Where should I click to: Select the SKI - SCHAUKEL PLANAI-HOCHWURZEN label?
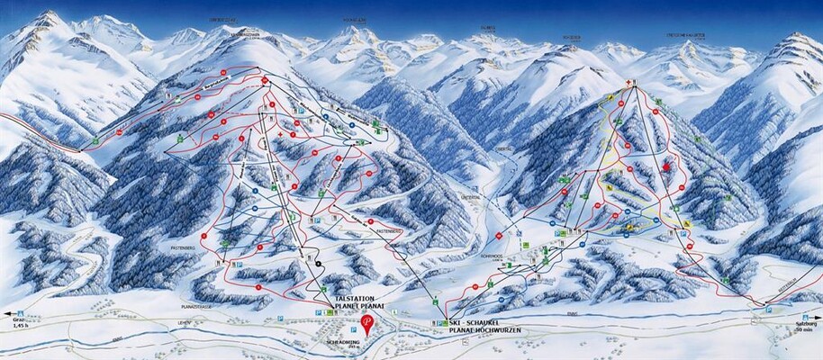[x=487, y=327]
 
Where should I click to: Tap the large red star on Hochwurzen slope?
[x=666, y=166]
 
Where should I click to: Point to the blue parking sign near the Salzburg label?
[x=768, y=309]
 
